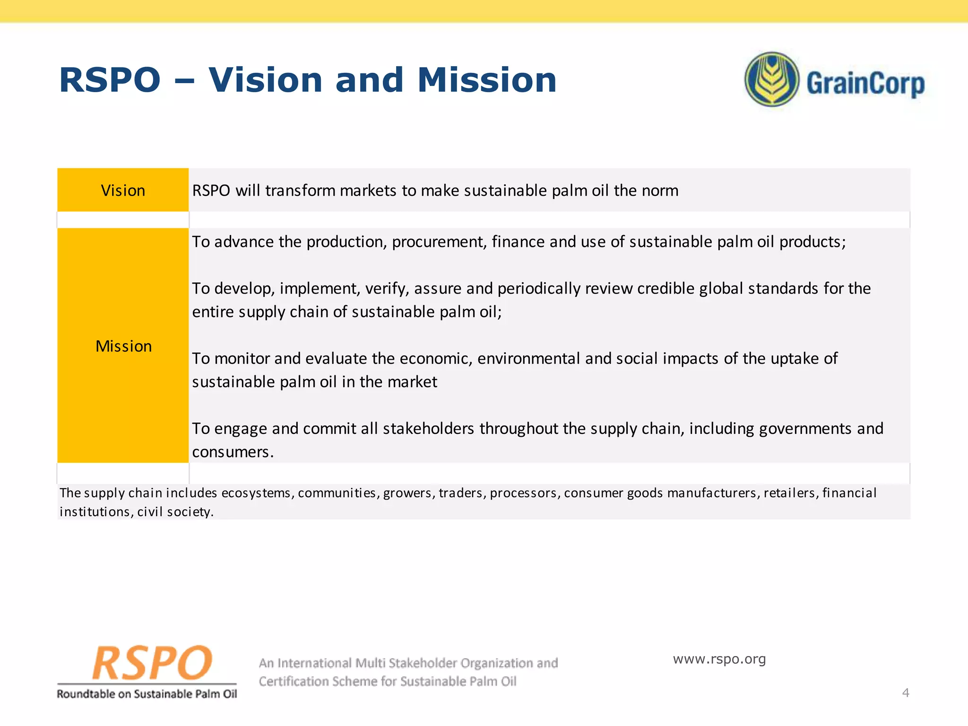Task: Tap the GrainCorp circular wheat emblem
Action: [771, 79]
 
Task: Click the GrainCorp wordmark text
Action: [865, 84]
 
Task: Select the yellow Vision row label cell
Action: [123, 190]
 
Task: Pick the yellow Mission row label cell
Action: [123, 346]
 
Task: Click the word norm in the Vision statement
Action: [660, 190]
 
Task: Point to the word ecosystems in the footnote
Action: [256, 493]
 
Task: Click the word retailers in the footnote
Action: [785, 493]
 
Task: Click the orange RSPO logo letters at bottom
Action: [151, 663]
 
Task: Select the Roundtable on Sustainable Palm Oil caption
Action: [147, 694]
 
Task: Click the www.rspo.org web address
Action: [719, 659]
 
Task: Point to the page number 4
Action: [905, 693]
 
